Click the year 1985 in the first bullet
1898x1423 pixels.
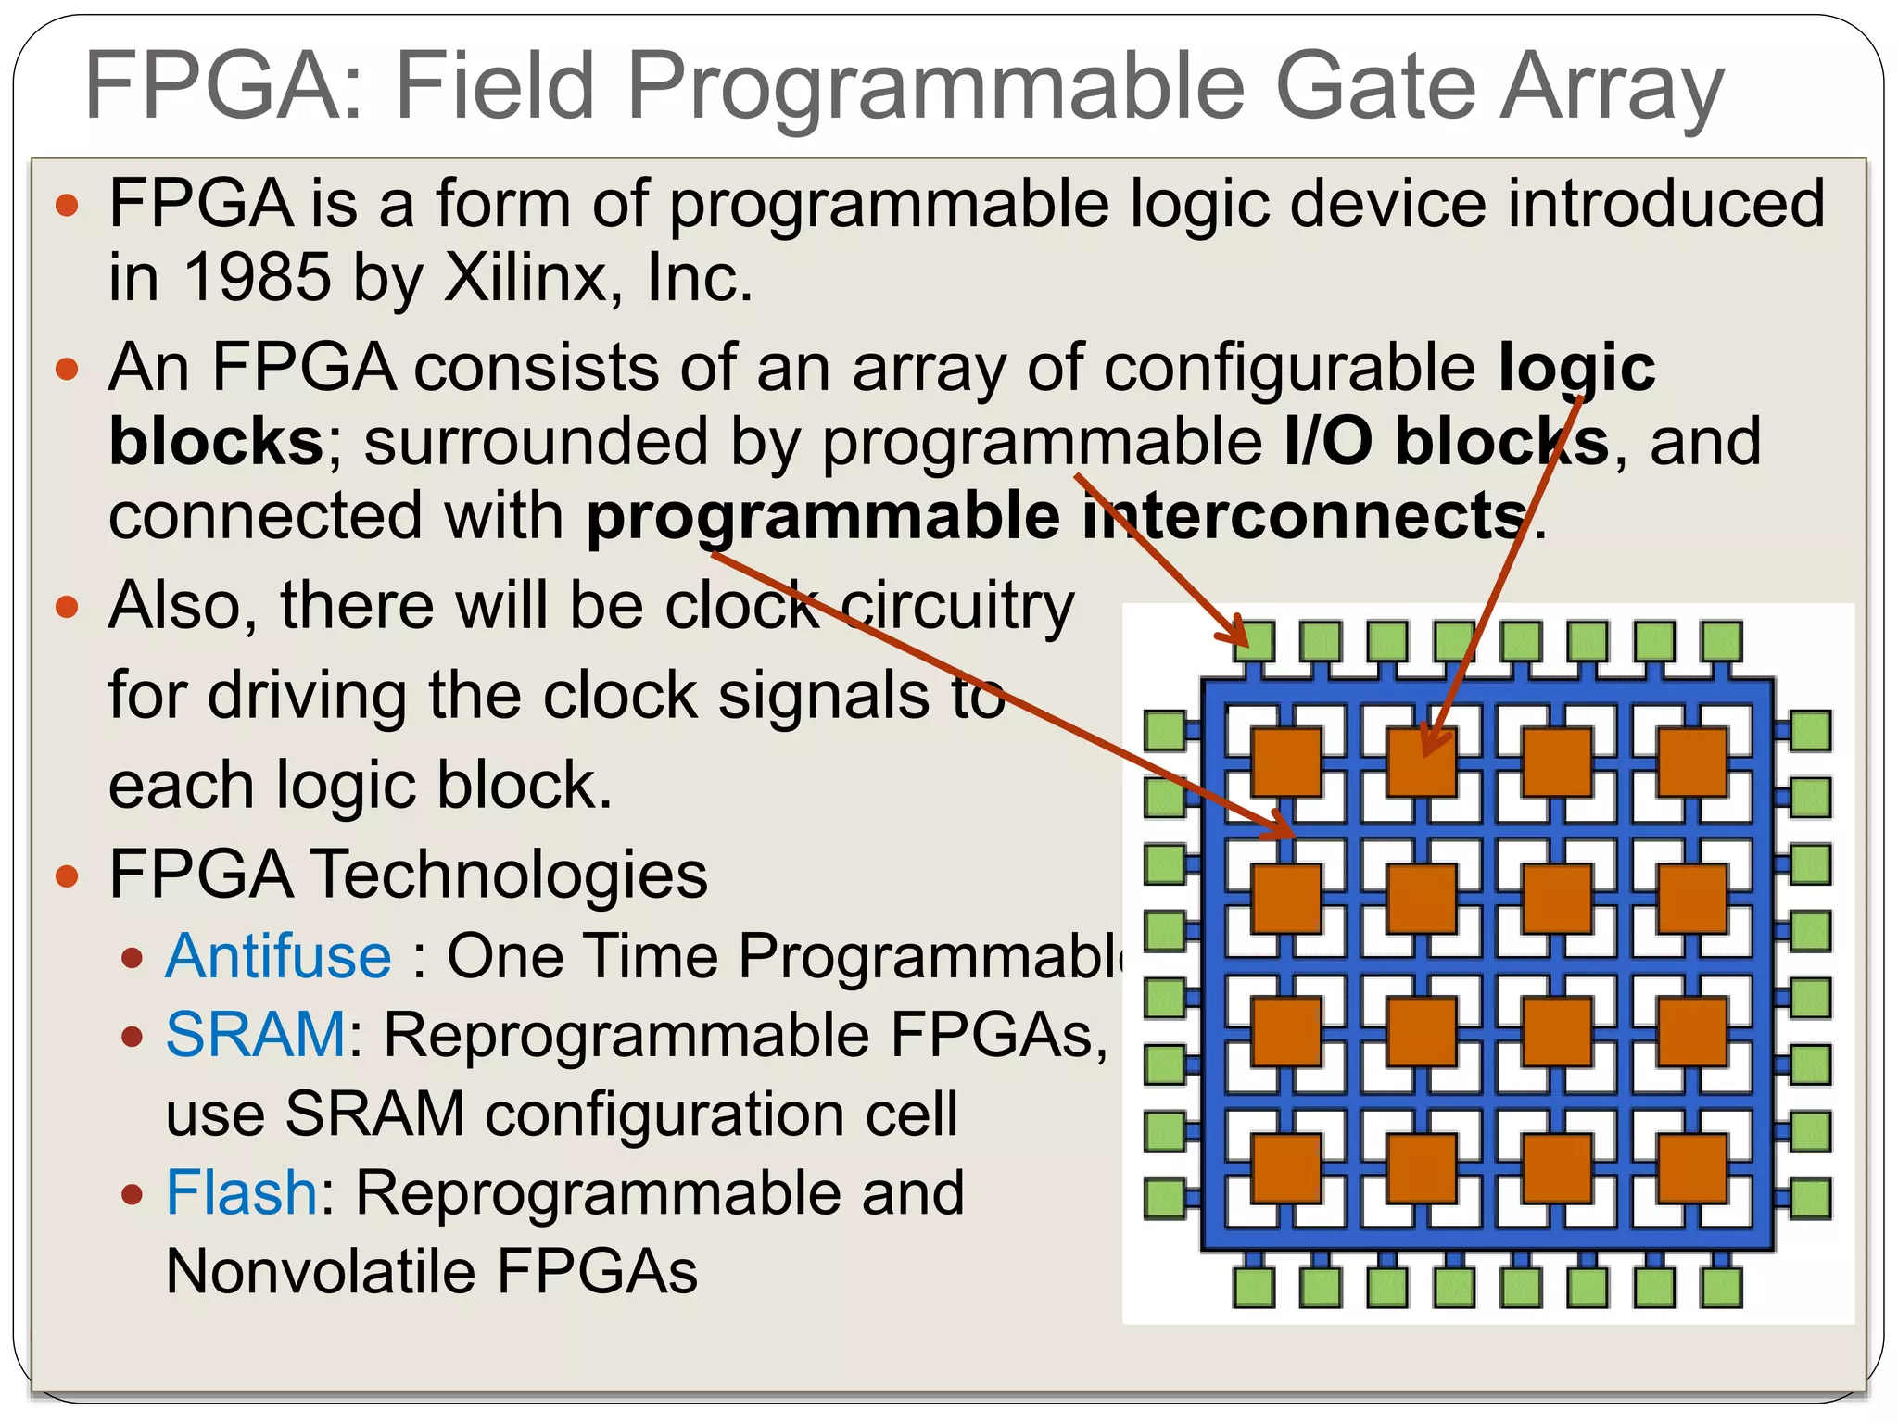(x=257, y=277)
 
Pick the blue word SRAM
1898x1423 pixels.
(x=256, y=1034)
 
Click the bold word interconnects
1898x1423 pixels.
(x=1302, y=516)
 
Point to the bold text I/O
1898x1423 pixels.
(x=1328, y=441)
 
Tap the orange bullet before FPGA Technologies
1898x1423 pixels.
(x=67, y=875)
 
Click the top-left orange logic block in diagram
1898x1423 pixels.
(x=1286, y=762)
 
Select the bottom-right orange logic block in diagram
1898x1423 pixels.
(x=1692, y=1167)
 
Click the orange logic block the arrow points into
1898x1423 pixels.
(x=1422, y=762)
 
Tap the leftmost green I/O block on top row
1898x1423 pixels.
(x=1255, y=641)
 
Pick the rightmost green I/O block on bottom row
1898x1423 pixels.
(x=1722, y=1287)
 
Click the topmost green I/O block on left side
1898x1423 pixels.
(x=1165, y=730)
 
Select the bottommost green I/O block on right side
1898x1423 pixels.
(x=1810, y=1198)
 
